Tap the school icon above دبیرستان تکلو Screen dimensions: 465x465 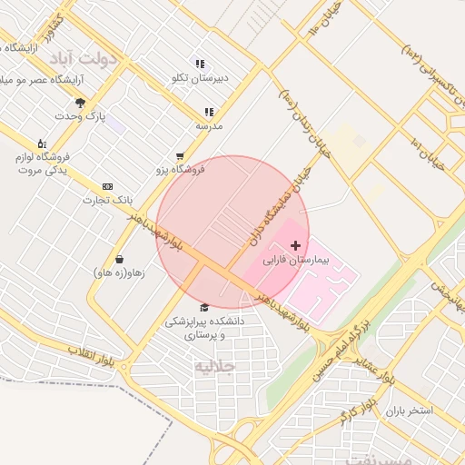[200, 64]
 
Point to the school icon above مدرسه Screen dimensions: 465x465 [209, 112]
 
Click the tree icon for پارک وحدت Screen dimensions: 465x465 [80, 103]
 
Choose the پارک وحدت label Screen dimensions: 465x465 [80, 116]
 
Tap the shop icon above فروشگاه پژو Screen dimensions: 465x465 [180, 156]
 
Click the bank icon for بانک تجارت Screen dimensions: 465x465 [107, 185]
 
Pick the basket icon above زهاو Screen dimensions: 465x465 [119, 259]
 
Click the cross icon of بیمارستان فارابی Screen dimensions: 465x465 [295, 245]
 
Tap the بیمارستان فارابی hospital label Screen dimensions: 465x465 [295, 260]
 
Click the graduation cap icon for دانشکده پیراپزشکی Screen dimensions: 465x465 [203, 308]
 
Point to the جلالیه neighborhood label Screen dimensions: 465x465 [214, 367]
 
